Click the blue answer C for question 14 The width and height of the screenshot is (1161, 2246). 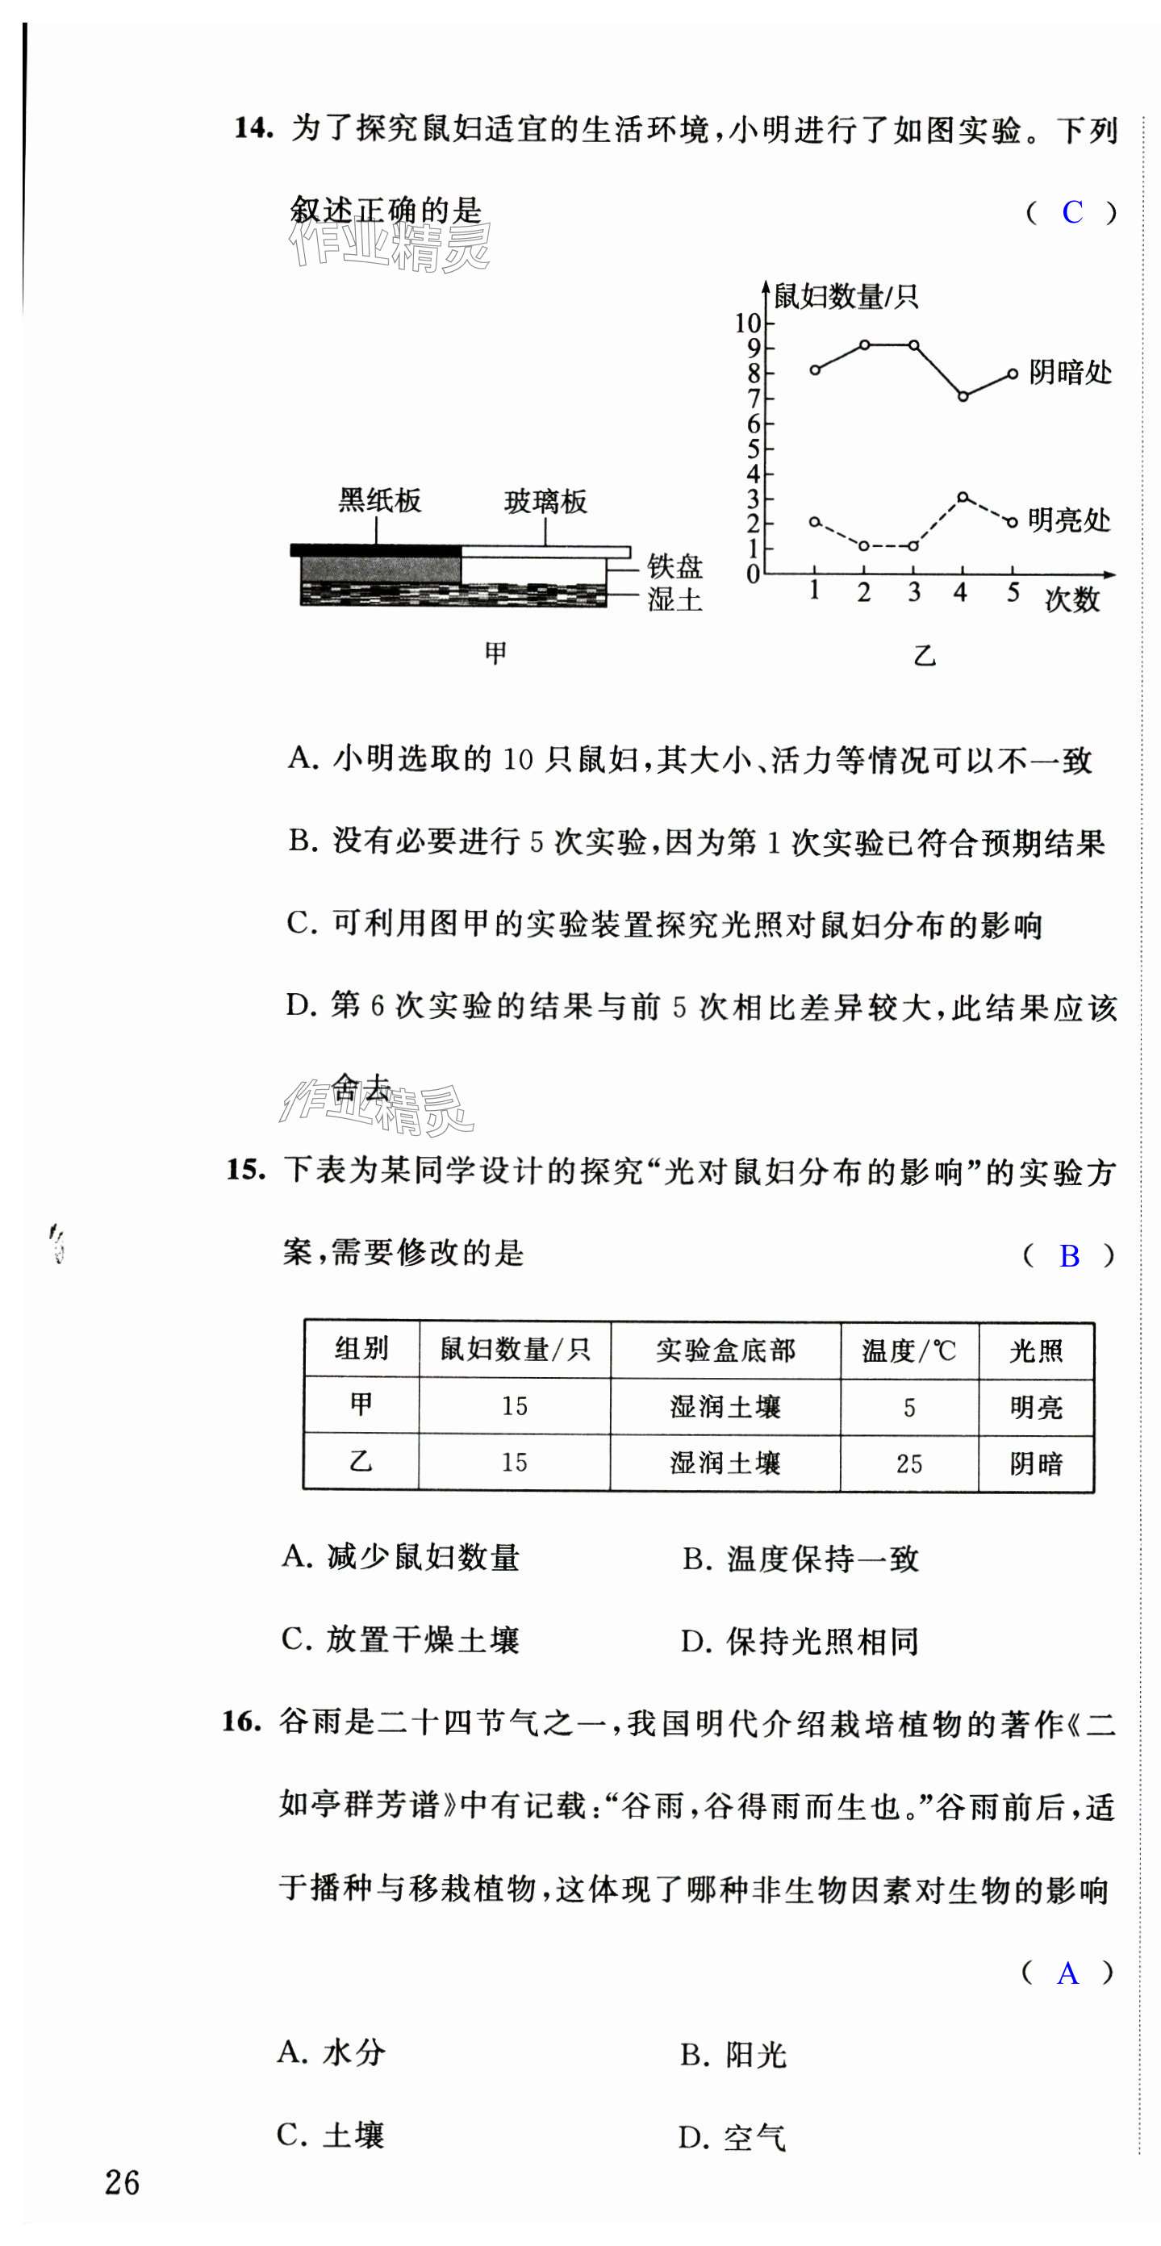1072,212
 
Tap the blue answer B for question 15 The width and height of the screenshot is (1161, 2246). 1068,1255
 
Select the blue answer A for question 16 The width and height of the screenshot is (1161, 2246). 1067,1973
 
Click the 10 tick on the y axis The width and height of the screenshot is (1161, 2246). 749,324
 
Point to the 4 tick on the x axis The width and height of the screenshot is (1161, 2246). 960,592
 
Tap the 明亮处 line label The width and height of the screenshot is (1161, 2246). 1068,520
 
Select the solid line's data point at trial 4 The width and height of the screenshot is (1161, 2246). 963,397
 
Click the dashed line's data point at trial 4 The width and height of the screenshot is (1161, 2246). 962,497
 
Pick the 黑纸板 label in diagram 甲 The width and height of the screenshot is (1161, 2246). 379,500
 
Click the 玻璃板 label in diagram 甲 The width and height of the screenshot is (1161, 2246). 545,501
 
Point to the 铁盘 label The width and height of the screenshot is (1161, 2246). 674,566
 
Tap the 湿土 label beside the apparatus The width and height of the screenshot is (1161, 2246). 674,600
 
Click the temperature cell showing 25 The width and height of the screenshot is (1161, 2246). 909,1463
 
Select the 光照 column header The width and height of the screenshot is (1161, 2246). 1036,1351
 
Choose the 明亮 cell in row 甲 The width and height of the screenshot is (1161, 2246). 1036,1407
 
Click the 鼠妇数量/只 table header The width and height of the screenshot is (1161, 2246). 515,1350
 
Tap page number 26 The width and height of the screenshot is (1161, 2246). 122,2182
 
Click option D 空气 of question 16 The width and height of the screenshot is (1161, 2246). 733,2138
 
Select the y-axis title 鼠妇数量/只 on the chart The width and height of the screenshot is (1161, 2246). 846,296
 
